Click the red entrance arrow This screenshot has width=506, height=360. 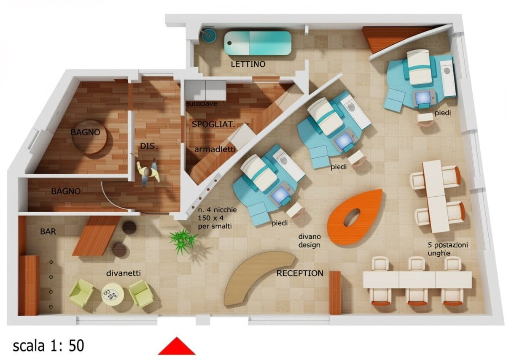click(177, 346)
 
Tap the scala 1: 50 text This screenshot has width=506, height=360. click(48, 346)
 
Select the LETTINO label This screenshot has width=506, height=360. click(248, 64)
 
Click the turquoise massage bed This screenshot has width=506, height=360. click(258, 43)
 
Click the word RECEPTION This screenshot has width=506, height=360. click(300, 273)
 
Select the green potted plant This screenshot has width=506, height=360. click(183, 241)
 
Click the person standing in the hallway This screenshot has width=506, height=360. click(148, 173)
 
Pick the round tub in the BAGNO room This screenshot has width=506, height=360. click(89, 137)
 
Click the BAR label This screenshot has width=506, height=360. click(48, 232)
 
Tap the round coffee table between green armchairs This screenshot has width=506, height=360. click(113, 295)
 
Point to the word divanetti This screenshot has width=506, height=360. click(123, 273)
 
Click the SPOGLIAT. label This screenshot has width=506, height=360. click(213, 124)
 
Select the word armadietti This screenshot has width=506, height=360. click(215, 149)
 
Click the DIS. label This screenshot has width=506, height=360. click(149, 146)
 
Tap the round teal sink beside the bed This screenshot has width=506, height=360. click(209, 35)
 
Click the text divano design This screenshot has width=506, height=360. click(310, 241)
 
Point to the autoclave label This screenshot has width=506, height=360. click(201, 104)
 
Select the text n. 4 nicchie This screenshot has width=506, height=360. click(217, 210)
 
